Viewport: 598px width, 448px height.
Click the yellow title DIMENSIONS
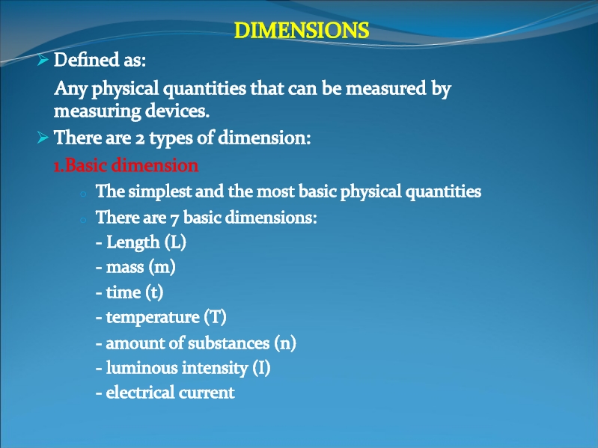click(302, 30)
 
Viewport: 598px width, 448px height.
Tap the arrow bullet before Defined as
click(43, 59)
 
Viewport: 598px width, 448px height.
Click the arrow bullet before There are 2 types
click(43, 137)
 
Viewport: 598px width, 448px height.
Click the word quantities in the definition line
click(204, 89)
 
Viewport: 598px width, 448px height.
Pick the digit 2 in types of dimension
click(140, 138)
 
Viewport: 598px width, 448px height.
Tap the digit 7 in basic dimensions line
click(174, 219)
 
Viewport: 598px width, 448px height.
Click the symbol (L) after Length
click(175, 242)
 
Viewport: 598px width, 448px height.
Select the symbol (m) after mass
click(162, 267)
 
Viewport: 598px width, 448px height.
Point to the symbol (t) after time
click(154, 292)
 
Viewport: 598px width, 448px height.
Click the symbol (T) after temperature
click(215, 317)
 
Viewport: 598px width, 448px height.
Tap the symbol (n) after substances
click(285, 343)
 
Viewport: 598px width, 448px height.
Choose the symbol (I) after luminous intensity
click(262, 368)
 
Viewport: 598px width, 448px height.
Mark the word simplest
click(160, 191)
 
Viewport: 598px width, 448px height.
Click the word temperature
click(153, 317)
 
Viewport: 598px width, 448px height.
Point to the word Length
click(132, 242)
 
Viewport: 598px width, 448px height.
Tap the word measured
click(385, 88)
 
